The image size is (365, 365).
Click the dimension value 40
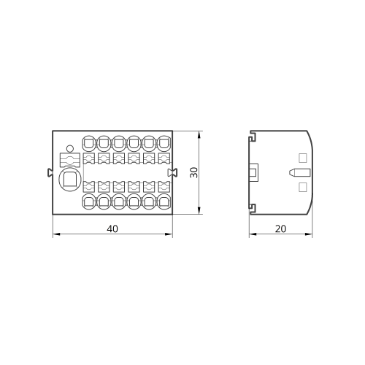tap(112, 228)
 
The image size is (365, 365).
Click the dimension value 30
tap(194, 172)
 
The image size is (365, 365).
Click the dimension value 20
tap(280, 228)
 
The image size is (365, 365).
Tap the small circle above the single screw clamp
tap(70, 148)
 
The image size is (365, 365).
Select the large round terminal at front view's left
tap(70, 180)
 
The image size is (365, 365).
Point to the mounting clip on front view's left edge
tap(50, 172)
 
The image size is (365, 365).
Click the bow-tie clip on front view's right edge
tap(173, 172)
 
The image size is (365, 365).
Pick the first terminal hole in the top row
tap(90, 143)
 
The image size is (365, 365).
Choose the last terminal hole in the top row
tap(164, 143)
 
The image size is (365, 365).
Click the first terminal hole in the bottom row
tap(90, 201)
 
